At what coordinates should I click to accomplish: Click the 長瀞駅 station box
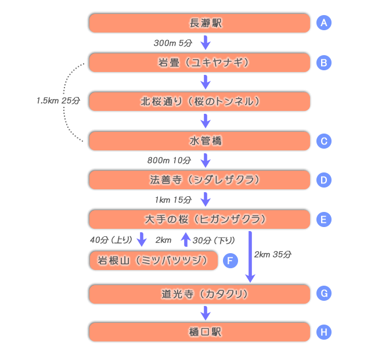(x=199, y=23)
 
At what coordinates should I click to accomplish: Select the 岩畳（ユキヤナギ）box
(x=199, y=62)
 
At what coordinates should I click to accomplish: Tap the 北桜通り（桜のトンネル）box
(x=199, y=101)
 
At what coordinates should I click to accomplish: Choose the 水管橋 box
(x=199, y=141)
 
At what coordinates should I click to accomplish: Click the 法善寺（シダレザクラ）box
(x=199, y=179)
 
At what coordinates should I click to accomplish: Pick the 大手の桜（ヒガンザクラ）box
(x=199, y=219)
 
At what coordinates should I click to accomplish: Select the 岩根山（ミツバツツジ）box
(x=153, y=261)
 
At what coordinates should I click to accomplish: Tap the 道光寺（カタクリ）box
(x=199, y=294)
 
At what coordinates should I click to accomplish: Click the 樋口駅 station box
(x=199, y=332)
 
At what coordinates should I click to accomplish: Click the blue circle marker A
(x=324, y=23)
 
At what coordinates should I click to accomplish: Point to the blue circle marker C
(x=324, y=141)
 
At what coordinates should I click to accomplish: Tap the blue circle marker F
(x=230, y=261)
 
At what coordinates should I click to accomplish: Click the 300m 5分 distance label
(x=172, y=43)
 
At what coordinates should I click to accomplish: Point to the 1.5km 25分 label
(x=58, y=100)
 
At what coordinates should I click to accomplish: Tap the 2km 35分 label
(x=273, y=254)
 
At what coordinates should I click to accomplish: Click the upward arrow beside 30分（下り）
(x=185, y=239)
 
